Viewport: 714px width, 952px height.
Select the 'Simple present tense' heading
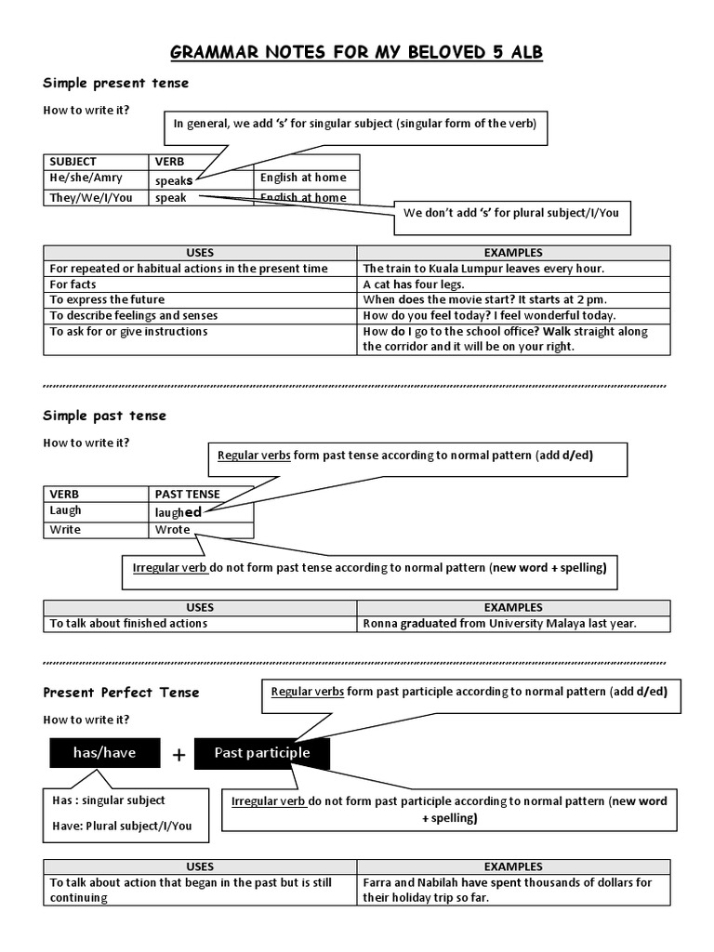(x=115, y=83)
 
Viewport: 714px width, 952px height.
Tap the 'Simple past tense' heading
(x=104, y=416)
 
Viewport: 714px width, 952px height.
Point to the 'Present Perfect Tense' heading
(x=122, y=693)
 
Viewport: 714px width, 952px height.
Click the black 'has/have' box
(x=105, y=753)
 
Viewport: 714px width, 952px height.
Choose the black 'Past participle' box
(x=262, y=753)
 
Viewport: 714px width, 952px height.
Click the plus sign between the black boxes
(x=178, y=755)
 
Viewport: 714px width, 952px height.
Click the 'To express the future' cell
(x=107, y=300)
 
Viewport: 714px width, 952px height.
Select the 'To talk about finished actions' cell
(x=128, y=624)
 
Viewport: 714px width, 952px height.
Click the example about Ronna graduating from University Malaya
(x=499, y=624)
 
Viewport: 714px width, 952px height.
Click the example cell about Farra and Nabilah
(x=507, y=891)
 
